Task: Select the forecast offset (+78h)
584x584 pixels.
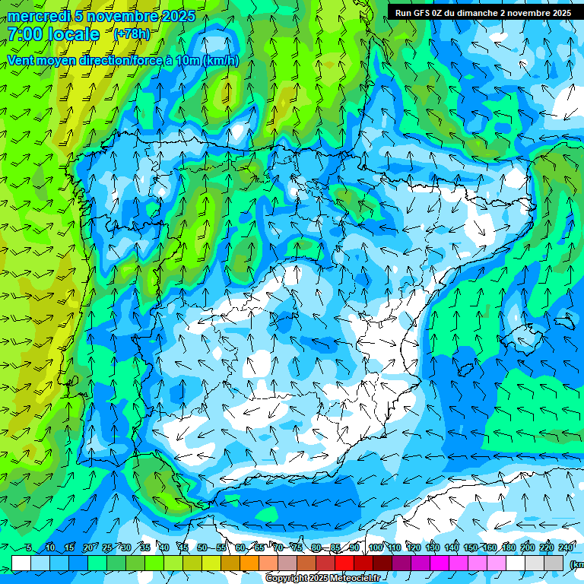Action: [132, 34]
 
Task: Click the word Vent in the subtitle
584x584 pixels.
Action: [22, 61]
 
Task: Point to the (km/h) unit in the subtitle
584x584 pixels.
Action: [221, 61]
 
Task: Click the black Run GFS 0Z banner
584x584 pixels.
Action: [483, 13]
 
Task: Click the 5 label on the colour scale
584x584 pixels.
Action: [29, 547]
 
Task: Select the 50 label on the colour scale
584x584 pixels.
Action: [202, 547]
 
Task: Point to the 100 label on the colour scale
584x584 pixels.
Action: [375, 547]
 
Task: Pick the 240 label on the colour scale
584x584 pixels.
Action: [566, 547]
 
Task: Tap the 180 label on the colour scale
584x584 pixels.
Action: [508, 547]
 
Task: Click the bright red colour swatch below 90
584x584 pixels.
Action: [345, 563]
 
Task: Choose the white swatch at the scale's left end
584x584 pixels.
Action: [21, 563]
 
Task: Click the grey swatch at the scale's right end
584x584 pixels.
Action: [555, 563]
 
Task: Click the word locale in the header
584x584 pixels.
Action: [73, 34]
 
